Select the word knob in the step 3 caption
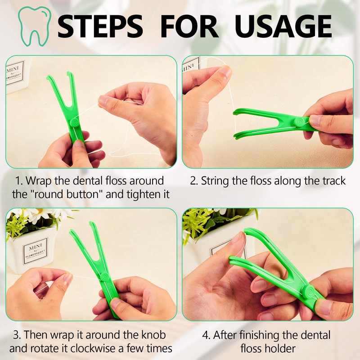[x=153, y=335]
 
